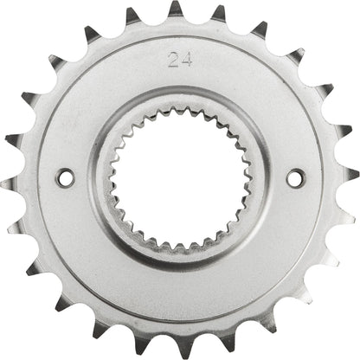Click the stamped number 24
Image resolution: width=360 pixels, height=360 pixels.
pyautogui.click(x=181, y=61)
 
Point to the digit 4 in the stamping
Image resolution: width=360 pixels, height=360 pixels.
pyautogui.click(x=186, y=61)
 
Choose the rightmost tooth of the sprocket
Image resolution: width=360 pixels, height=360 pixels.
pyautogui.click(x=350, y=177)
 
